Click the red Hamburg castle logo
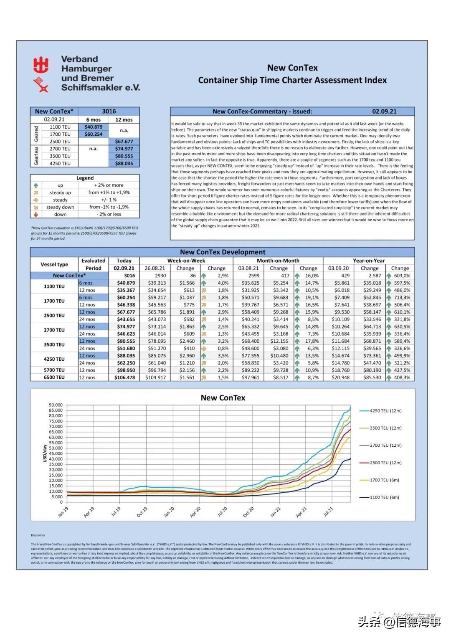(x=41, y=65)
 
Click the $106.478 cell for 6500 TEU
(x=124, y=377)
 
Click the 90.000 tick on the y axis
(x=56, y=405)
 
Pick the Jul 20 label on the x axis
(x=222, y=511)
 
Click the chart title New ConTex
(x=223, y=398)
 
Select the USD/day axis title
(x=45, y=453)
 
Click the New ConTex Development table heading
(x=223, y=252)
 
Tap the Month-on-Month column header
(x=278, y=261)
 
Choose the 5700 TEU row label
(x=54, y=370)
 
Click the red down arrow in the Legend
(x=36, y=214)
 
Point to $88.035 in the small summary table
(x=124, y=164)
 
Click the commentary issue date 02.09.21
(x=384, y=111)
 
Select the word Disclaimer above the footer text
(x=38, y=535)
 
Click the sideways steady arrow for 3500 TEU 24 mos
(x=204, y=348)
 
